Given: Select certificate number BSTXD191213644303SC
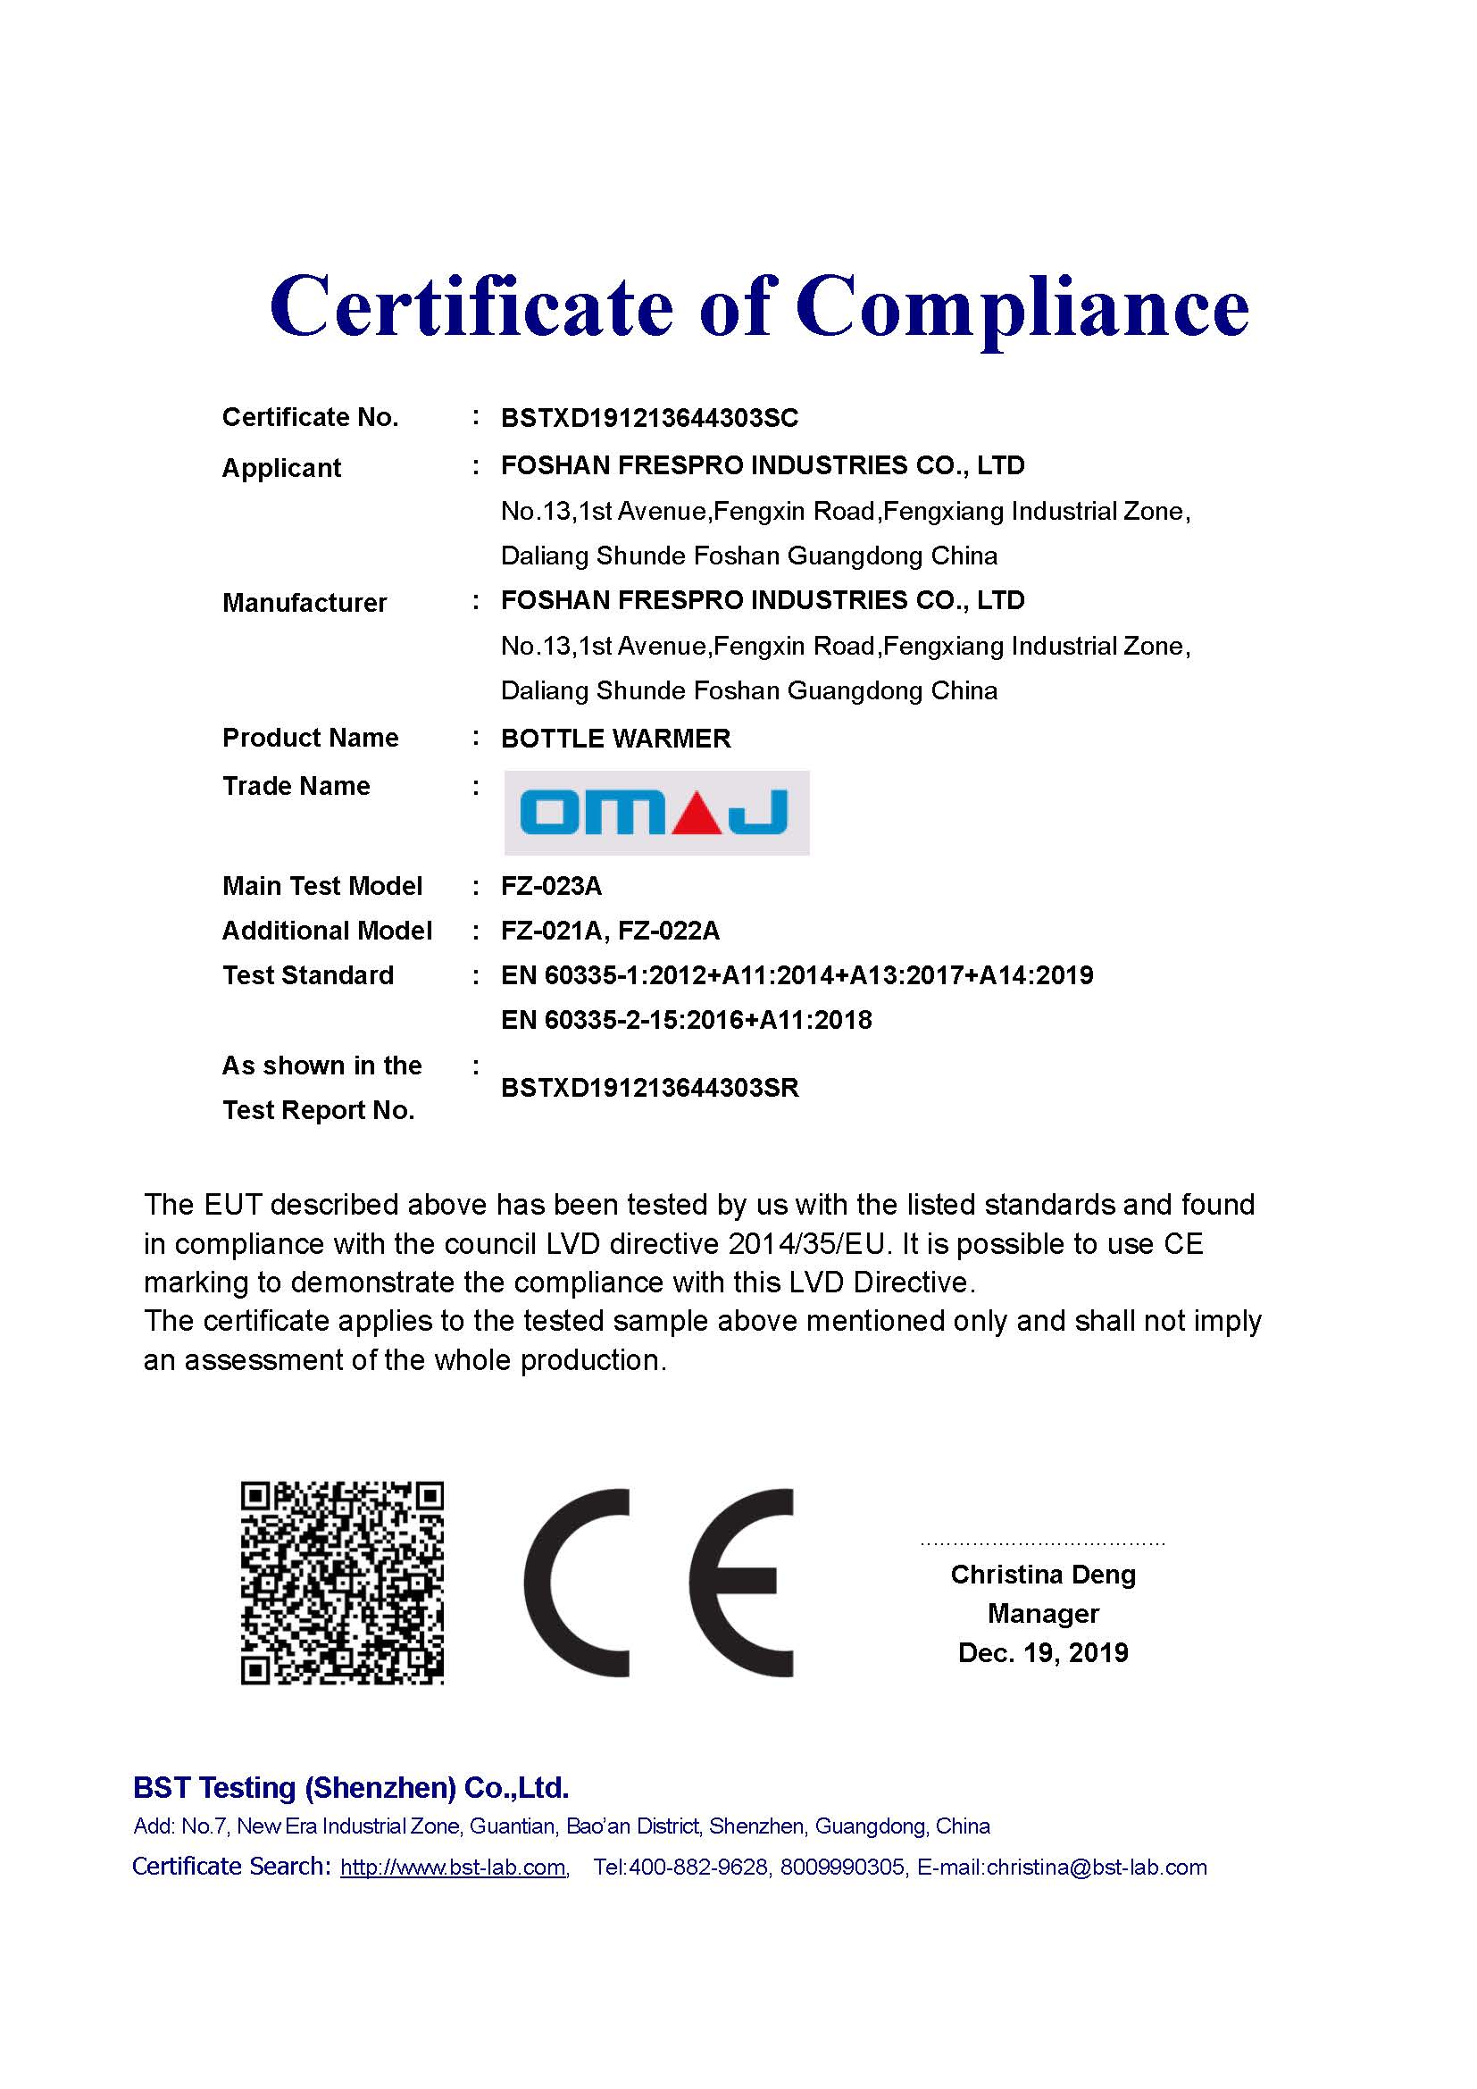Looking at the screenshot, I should tap(649, 419).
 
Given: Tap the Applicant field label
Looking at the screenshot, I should tap(281, 468).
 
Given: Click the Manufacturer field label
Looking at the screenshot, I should tap(304, 602).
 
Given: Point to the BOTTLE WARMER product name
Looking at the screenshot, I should tap(616, 738).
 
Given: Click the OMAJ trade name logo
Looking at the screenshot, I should tap(655, 813).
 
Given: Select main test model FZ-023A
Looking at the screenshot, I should tap(551, 885).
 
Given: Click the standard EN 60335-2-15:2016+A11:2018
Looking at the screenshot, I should tap(686, 1020).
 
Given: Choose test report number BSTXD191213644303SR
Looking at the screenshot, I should tap(649, 1088).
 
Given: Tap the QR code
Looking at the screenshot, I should tap(342, 1583).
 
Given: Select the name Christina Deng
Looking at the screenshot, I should tap(1043, 1574).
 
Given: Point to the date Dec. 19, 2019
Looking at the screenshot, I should tap(1043, 1652).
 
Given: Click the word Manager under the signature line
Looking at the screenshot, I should tap(1043, 1613).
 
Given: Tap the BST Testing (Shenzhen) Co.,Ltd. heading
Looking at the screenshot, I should tap(351, 1788).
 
